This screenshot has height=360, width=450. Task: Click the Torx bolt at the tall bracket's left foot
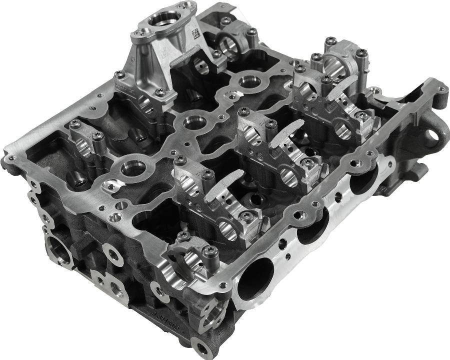(119, 74)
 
